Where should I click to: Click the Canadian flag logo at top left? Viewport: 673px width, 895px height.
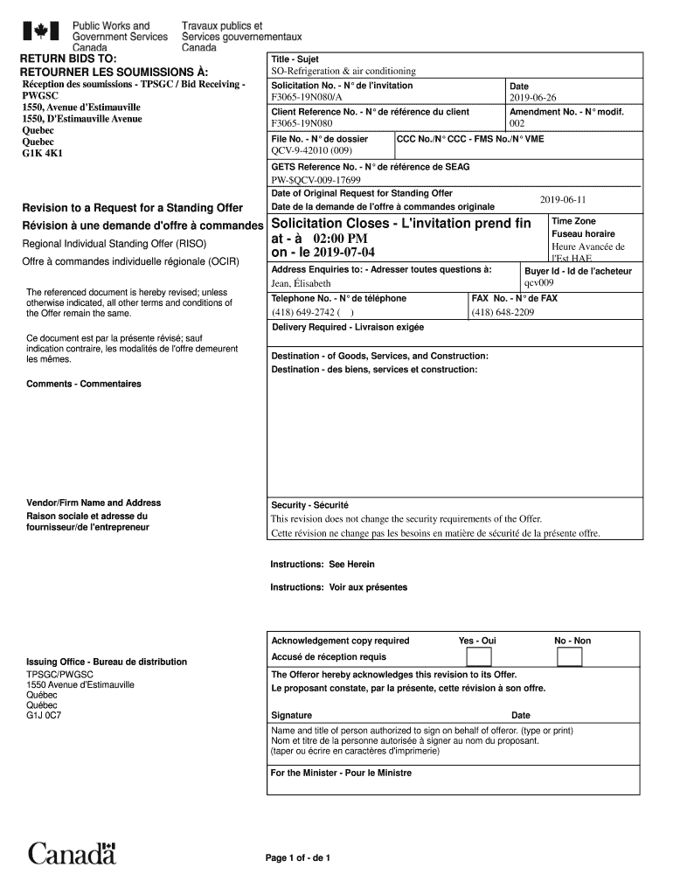point(40,31)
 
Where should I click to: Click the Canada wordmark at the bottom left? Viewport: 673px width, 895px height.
point(72,853)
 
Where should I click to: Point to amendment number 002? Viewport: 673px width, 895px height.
point(517,124)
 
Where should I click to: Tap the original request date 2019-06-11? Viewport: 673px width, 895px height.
point(563,199)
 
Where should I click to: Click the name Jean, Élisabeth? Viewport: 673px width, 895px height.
point(301,283)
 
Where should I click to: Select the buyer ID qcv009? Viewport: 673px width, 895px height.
point(538,283)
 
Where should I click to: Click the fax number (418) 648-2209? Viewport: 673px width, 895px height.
point(503,312)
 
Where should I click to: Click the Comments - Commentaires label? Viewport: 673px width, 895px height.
point(83,384)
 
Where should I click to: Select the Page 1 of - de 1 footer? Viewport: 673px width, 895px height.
point(298,857)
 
